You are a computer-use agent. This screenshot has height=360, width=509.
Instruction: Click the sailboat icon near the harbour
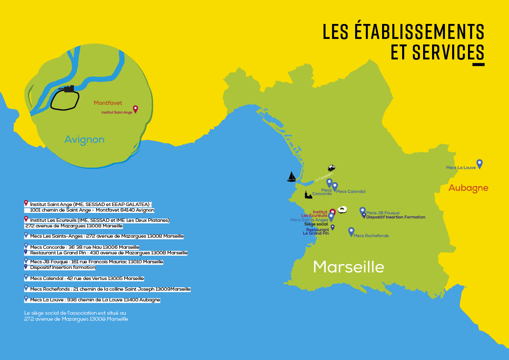(291, 177)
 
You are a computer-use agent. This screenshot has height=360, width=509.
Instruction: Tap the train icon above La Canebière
(332, 168)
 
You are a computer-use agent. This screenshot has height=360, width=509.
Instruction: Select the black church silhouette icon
(308, 195)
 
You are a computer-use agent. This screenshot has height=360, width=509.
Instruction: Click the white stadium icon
(343, 210)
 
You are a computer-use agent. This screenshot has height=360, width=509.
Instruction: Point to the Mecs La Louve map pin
(480, 164)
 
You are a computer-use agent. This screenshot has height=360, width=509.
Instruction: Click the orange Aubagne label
(468, 188)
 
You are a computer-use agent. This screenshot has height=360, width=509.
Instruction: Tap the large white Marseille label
(348, 267)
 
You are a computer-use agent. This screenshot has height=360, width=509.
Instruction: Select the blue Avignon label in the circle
(84, 139)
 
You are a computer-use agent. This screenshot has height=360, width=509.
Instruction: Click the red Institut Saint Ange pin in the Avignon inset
(135, 109)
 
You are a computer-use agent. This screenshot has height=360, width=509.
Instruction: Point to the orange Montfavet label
(108, 103)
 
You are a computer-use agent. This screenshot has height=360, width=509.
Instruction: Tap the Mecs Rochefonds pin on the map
(351, 231)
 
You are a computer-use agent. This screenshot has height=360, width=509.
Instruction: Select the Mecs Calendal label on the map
(350, 192)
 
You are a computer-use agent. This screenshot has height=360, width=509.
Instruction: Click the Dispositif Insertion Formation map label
(396, 217)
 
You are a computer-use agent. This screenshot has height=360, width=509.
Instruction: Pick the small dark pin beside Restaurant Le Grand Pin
(332, 227)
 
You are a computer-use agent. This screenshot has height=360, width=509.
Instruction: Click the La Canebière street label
(323, 177)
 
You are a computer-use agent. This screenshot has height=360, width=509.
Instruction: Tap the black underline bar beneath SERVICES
(478, 65)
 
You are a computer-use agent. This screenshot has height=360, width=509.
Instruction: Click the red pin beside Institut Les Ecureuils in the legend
(26, 219)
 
